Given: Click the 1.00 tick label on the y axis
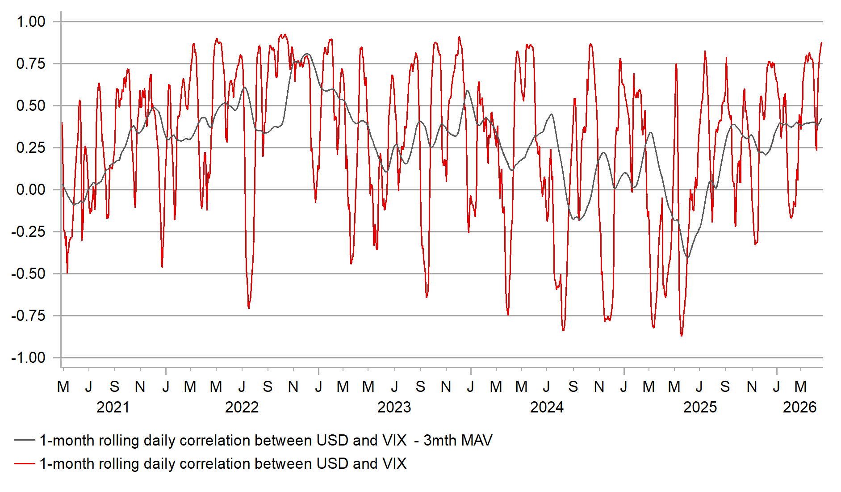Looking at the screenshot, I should (x=31, y=21).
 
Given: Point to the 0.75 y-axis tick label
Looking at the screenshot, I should (x=31, y=63).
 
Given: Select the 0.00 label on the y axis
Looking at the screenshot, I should (x=31, y=189).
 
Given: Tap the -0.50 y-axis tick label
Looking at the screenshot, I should (x=29, y=273).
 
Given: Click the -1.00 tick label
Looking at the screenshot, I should (x=29, y=357).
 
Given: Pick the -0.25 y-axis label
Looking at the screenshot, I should (x=29, y=231).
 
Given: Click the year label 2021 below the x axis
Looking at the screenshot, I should (x=113, y=407).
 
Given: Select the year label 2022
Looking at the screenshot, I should (x=242, y=407).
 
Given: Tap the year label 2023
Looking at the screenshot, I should (x=394, y=407).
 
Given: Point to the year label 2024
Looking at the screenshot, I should (x=547, y=407).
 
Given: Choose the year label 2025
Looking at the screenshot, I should (x=700, y=407).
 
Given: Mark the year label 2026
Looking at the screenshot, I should (x=799, y=407).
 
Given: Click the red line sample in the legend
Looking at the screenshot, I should (x=25, y=463).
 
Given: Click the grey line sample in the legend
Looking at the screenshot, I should (x=25, y=440).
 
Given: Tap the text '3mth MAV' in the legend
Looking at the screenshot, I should (x=458, y=440).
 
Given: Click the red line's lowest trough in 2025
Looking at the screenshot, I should (x=682, y=336).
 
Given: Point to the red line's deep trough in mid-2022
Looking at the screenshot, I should (x=249, y=308).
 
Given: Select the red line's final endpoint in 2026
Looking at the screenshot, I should (x=822, y=42).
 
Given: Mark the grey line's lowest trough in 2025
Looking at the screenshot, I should (x=688, y=257).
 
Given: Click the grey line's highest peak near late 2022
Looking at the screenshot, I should (x=307, y=54).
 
